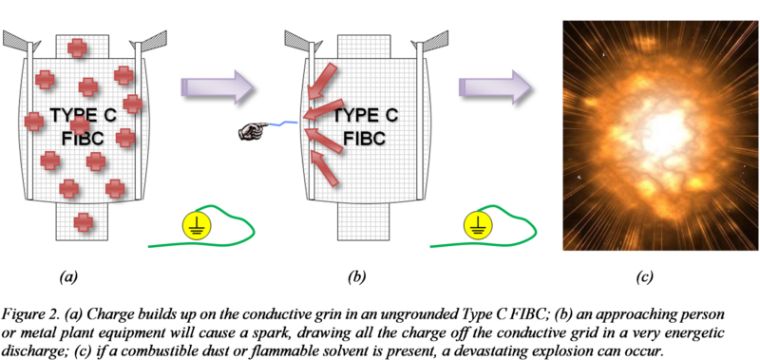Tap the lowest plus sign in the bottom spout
85,221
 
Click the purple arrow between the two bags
218,87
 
